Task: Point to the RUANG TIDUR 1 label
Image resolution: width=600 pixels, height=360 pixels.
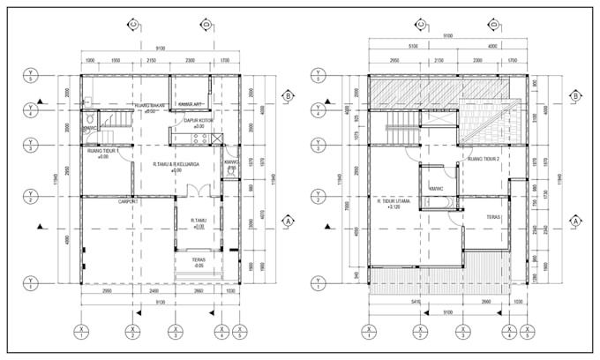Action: click(103, 153)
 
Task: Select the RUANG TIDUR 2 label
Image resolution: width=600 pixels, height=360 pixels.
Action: click(483, 159)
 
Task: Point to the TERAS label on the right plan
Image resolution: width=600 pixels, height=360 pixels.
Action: click(493, 216)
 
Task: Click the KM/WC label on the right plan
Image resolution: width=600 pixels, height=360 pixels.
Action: click(436, 188)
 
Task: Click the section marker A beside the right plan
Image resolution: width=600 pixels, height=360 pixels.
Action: click(575, 221)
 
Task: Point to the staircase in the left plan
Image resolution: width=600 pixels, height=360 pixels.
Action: click(113, 121)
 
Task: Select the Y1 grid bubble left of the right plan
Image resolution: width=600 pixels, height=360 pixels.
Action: click(317, 283)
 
